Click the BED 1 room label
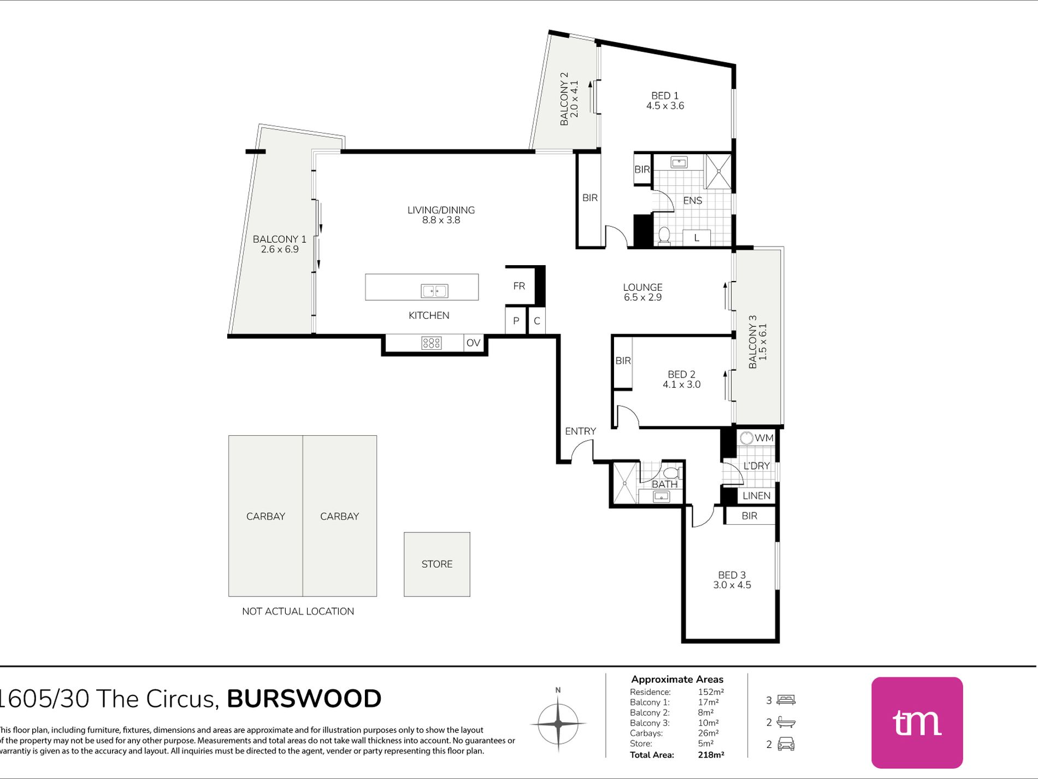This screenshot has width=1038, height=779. click(665, 96)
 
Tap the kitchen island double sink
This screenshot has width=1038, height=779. click(434, 291)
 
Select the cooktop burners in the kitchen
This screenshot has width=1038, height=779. click(431, 343)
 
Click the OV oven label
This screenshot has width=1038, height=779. click(473, 343)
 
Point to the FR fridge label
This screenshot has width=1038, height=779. click(519, 286)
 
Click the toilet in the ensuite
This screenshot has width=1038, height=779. click(664, 235)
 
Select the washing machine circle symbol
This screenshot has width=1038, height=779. click(746, 438)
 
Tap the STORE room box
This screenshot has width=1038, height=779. click(437, 564)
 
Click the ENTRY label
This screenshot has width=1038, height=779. click(580, 431)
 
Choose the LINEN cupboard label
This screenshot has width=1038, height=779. click(757, 496)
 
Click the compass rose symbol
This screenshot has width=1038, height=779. click(558, 723)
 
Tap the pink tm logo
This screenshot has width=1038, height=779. click(917, 723)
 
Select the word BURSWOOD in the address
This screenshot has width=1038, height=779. click(304, 699)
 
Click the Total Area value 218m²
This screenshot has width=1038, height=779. click(711, 755)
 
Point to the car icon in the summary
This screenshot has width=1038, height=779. click(786, 744)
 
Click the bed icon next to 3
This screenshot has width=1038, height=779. click(786, 700)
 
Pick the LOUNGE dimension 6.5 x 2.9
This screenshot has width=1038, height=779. click(642, 297)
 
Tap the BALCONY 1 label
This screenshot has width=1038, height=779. click(279, 239)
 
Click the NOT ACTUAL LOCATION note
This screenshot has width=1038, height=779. click(298, 611)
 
